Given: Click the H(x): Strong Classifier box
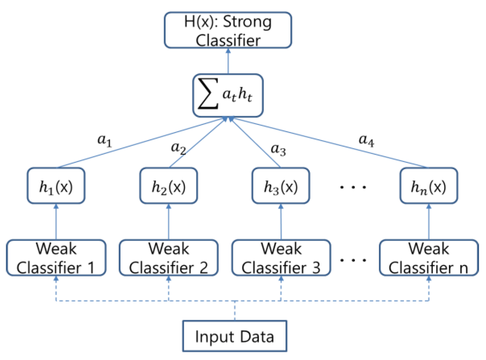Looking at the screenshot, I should [228, 30].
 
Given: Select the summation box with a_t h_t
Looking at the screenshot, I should [228, 95].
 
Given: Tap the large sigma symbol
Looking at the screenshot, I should [208, 94].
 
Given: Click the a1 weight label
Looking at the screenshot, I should [104, 140].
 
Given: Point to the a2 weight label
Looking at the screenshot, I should [178, 148].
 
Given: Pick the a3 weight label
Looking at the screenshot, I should [278, 149].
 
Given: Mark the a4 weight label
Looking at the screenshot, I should [366, 140].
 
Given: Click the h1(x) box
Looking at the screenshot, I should [56, 186].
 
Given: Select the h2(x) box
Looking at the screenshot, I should [169, 186].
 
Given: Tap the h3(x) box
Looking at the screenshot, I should [281, 186].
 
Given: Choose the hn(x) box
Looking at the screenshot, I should [429, 186].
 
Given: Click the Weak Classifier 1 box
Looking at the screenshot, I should [56, 258].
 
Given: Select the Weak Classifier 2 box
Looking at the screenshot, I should [169, 258].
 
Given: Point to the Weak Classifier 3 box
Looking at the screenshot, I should [281, 258].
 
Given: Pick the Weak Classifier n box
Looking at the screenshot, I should [429, 258].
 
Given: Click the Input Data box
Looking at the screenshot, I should [235, 336].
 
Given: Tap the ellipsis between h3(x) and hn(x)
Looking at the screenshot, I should [353, 187].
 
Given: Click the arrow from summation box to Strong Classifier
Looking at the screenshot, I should [228, 61].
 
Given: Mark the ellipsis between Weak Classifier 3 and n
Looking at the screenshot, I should [353, 260].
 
